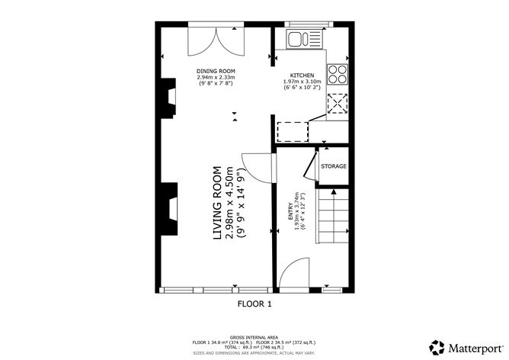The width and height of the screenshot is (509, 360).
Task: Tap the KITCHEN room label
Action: click(302, 76)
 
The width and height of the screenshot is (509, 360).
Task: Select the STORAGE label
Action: click(333, 166)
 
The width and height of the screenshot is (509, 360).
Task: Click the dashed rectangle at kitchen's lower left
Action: click(291, 132)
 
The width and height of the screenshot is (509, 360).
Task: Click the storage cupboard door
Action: click(308, 165)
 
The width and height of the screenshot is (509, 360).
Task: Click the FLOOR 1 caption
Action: click(254, 304)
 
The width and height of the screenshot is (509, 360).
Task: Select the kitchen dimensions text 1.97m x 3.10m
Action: click(302, 82)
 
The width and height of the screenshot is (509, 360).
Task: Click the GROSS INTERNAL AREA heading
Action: click(254, 336)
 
